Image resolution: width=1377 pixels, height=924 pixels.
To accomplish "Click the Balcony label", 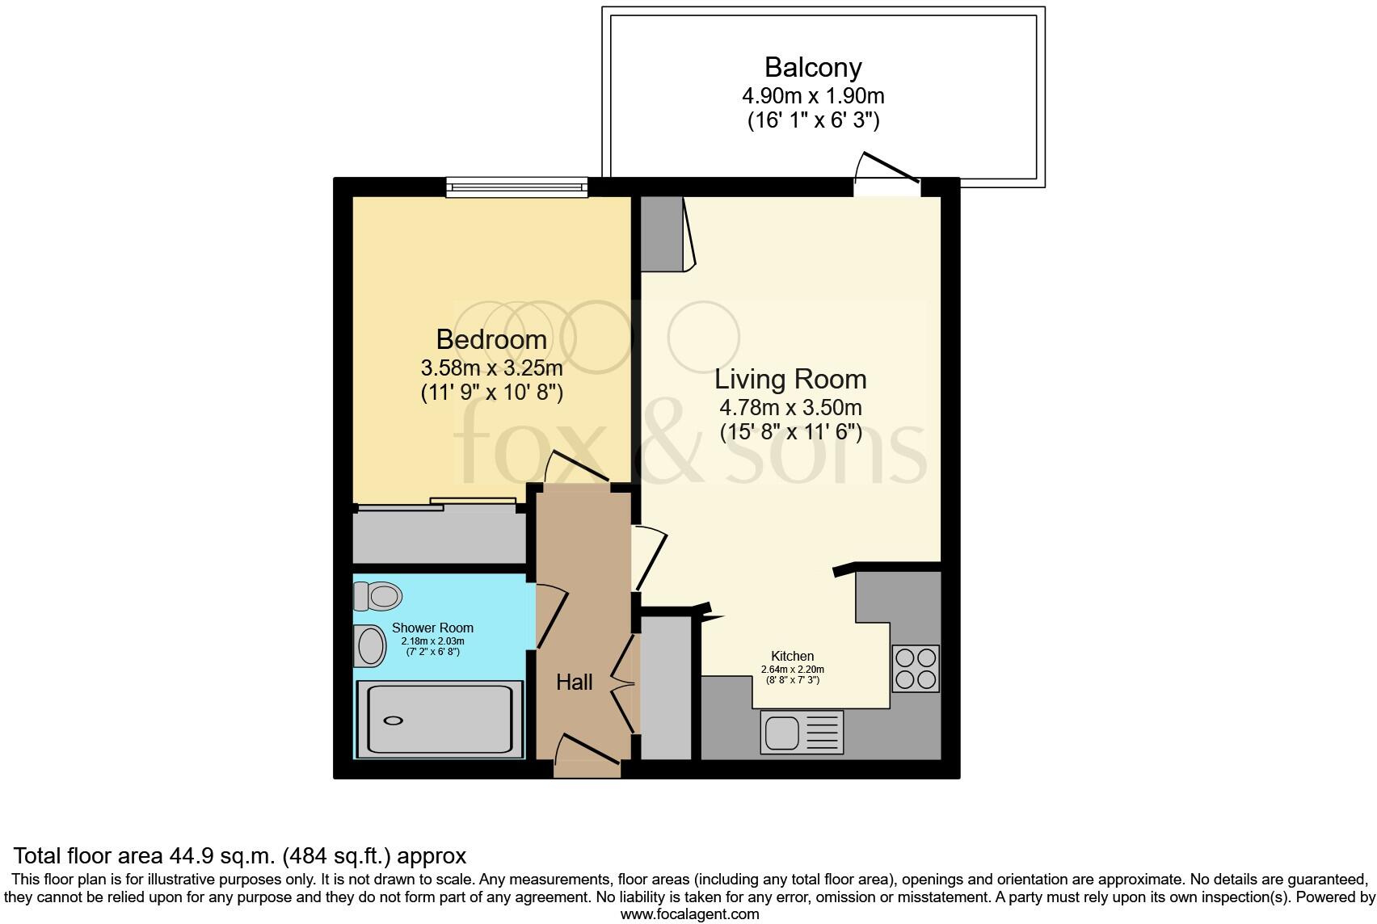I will pyautogui.click(x=813, y=67).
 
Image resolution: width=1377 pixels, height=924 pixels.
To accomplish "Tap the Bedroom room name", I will pyautogui.click(x=491, y=339).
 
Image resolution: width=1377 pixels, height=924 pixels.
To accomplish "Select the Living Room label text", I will pyautogui.click(x=790, y=379).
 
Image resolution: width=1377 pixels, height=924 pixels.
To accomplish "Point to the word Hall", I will pyautogui.click(x=574, y=682).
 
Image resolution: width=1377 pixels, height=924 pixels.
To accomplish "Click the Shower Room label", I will pyautogui.click(x=432, y=628).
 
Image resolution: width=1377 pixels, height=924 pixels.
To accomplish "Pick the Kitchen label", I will pyautogui.click(x=792, y=656).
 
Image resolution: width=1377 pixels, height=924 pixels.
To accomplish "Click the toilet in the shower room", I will pyautogui.click(x=378, y=596).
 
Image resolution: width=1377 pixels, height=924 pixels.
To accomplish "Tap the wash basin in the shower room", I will pyautogui.click(x=370, y=646).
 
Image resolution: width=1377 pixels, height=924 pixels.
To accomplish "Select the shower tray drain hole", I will pyautogui.click(x=394, y=720).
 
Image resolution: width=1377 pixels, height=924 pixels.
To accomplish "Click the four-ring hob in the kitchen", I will pyautogui.click(x=916, y=668).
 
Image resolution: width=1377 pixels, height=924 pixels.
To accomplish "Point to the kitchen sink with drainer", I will pyautogui.click(x=802, y=732).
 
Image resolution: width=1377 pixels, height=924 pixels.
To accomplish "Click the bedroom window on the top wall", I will pyautogui.click(x=517, y=188).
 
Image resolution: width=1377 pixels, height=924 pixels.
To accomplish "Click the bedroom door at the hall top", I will pyautogui.click(x=575, y=472).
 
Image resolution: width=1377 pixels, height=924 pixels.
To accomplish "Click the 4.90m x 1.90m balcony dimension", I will pyautogui.click(x=813, y=96).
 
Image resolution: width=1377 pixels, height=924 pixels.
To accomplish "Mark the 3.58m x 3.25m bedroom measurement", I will pyautogui.click(x=491, y=368).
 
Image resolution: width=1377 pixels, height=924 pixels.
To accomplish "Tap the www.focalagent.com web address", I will pyautogui.click(x=689, y=914).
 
